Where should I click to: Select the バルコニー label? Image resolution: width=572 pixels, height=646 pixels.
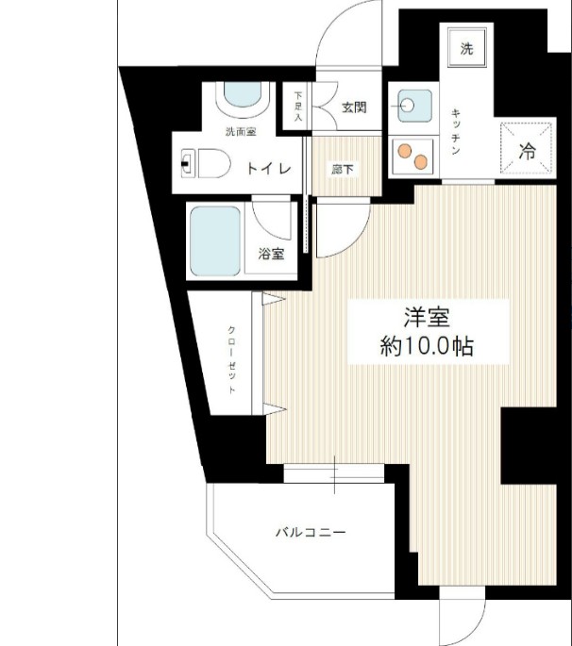[311, 533]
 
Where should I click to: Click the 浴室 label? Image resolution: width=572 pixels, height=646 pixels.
[272, 253]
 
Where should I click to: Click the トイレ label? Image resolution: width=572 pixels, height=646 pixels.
[268, 169]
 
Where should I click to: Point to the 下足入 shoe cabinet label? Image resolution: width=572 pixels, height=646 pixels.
[298, 107]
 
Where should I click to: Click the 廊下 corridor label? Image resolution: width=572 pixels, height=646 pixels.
[343, 170]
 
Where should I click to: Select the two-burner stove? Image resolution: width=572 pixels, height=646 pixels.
[411, 154]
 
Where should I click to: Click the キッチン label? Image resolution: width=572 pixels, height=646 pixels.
[455, 133]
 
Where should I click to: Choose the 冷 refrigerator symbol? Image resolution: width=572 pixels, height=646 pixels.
[528, 149]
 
